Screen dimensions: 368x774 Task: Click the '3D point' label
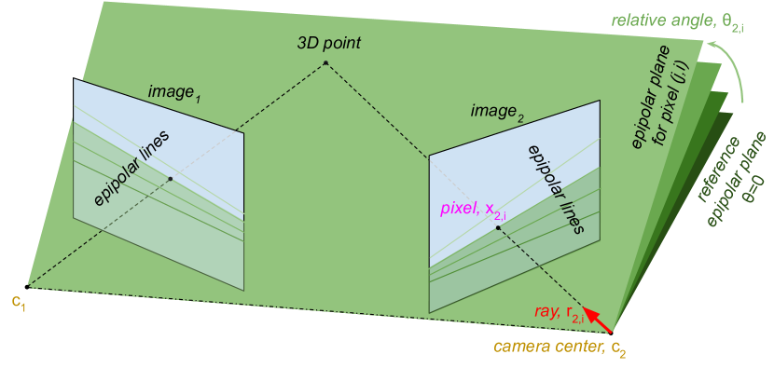coord(328,44)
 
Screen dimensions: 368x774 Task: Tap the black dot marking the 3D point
coord(325,62)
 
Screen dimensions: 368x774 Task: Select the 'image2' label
coord(496,114)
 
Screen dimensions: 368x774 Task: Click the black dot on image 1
coord(170,179)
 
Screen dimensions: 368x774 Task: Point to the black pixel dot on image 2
coord(498,227)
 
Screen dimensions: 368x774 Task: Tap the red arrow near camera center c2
coord(599,321)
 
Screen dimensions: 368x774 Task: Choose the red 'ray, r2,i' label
coord(560,315)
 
